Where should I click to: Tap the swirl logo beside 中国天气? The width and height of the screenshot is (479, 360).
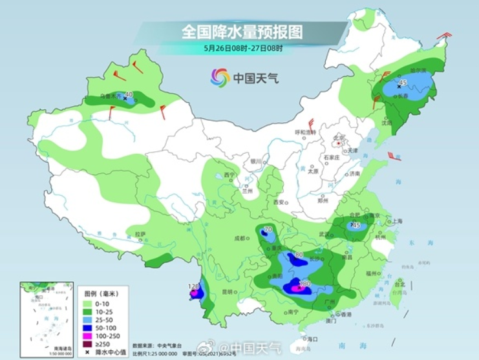[220, 78]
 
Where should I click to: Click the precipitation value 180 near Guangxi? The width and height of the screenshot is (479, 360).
[304, 283]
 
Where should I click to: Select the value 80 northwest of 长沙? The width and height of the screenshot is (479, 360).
[298, 255]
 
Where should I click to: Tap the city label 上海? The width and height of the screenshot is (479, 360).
[396, 221]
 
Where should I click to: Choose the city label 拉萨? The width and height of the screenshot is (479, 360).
[140, 233]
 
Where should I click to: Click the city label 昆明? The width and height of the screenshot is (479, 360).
[226, 291]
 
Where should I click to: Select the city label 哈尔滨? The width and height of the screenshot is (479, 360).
[401, 70]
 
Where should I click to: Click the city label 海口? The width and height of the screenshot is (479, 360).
[312, 338]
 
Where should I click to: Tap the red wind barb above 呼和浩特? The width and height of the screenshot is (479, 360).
[311, 122]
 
